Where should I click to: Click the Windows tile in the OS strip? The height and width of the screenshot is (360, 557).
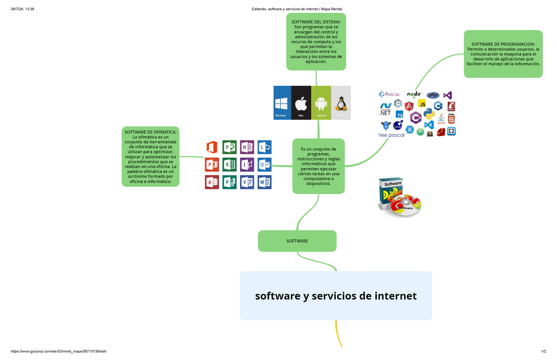coord(282,103)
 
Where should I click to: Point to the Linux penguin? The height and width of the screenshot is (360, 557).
coord(341,103)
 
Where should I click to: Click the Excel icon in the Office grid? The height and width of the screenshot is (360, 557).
coord(229,165)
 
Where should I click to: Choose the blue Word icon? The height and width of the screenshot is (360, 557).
coord(265,182)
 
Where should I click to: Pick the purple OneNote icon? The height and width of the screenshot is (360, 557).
coord(247,148)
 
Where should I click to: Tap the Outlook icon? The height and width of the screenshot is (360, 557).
coord(265,165)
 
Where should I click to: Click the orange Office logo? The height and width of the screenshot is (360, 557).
coord(212,148)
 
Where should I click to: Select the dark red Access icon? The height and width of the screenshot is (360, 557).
coord(212,182)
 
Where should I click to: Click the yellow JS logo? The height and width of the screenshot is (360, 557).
coord(422,103)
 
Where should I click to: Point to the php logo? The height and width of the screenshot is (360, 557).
coord(433,95)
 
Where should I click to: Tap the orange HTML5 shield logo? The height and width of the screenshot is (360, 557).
coord(451,119)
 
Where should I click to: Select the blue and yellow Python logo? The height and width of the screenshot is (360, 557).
coord(429,114)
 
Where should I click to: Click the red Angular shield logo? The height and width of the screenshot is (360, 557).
coord(409,106)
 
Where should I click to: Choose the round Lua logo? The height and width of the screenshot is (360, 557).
coord(398,125)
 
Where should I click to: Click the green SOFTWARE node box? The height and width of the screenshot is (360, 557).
coord(297,241)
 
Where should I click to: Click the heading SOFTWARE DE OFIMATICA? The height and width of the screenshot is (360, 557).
coord(150,132)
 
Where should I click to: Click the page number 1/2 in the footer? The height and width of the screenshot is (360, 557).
coord(543,352)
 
